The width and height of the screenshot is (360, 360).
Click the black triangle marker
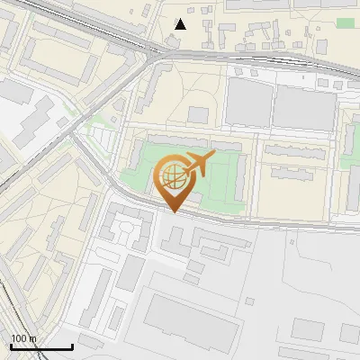pos(181,23)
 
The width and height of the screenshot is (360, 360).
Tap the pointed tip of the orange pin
pos(175,212)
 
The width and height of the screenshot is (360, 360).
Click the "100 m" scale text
pos(23,338)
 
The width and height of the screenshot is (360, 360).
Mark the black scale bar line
pos(41,346)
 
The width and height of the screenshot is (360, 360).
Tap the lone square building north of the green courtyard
pos(198,114)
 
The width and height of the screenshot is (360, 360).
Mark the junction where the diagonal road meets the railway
pos(156,56)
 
